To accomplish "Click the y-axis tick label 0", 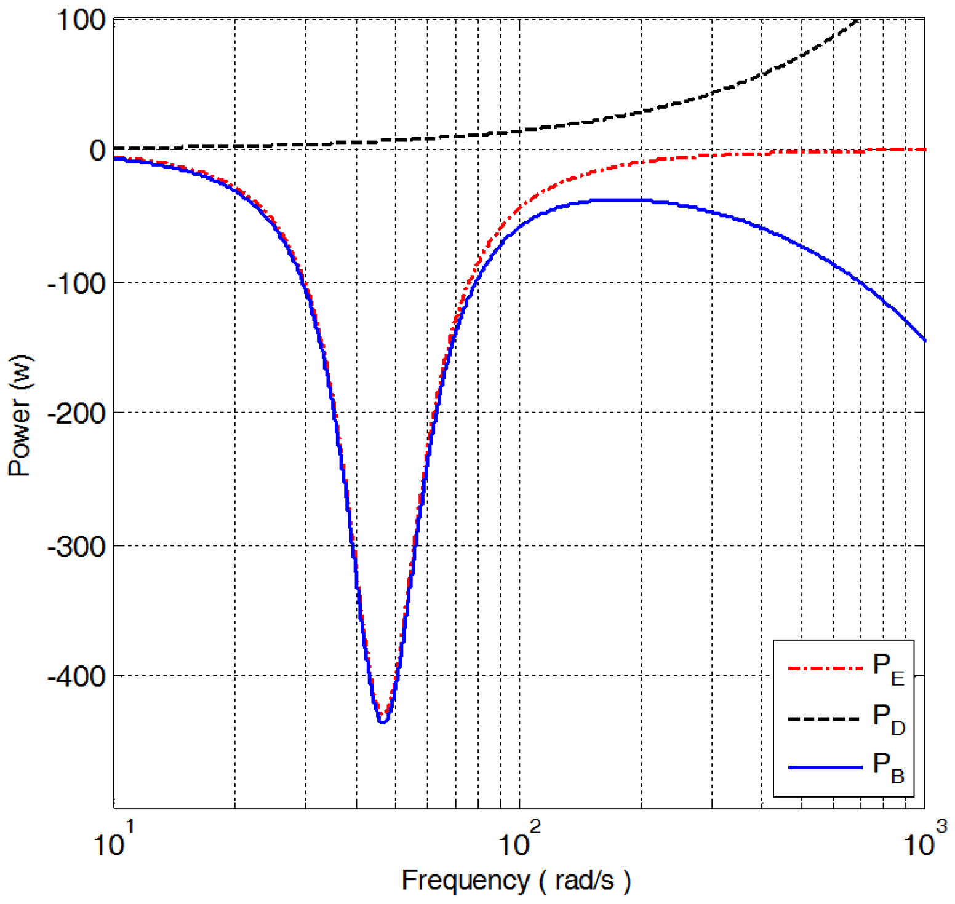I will point(97,150).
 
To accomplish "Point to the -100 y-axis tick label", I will point(76,283).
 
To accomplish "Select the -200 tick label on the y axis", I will point(76,414).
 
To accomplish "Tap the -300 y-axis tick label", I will point(76,546).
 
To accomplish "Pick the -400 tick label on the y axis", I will point(76,676).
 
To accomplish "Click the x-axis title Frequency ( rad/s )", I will point(516,881).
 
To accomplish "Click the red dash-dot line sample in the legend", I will point(825,668).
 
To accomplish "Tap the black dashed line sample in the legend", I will point(825,718).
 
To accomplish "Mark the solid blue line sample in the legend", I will point(825,767).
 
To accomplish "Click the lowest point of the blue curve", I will point(382,722).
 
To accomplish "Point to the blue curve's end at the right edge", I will point(924,340).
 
